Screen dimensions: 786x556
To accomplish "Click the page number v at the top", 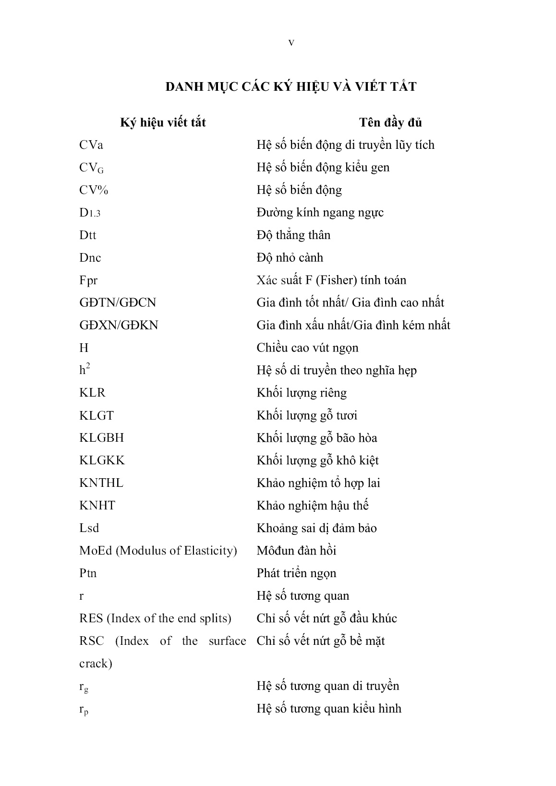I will coord(291,43).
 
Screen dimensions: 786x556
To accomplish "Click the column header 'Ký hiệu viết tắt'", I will coord(163,122).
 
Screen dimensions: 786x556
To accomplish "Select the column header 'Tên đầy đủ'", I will coord(390,122).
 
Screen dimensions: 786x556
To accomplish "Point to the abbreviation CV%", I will coord(94,190).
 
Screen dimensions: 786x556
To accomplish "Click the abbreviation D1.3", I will coord(90,213).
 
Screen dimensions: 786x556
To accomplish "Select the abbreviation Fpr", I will coord(88,280).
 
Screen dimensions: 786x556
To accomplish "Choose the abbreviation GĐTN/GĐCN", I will coord(118,302).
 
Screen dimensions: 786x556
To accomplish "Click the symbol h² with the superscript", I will coord(85,370).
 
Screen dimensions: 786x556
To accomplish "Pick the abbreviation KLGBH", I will coord(101,438).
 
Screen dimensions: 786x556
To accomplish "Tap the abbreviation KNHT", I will coord(97,506).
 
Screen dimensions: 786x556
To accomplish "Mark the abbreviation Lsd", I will coord(89,528).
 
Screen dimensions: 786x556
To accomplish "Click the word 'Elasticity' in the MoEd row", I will coord(210,550).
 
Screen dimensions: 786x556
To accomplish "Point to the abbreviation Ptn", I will coord(88,573).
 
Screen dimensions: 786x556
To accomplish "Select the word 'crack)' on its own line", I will coord(96,664).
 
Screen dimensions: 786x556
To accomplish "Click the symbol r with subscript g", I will coord(84,687).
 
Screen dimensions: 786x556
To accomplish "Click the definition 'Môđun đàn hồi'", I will coord(296,550).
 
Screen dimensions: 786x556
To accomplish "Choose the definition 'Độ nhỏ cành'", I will coord(290,258).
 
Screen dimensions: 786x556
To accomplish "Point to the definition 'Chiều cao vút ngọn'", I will coord(307,348).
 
